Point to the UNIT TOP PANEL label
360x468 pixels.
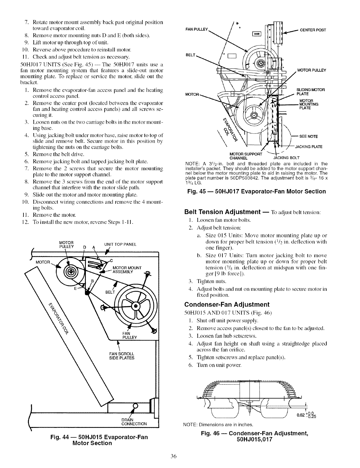pyautogui.click(x=120, y=244)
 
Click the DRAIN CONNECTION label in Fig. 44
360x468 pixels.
pyautogui.click(x=134, y=422)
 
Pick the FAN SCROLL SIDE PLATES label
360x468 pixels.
pyautogui.click(x=122, y=356)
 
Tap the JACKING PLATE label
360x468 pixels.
pyautogui.click(x=309, y=147)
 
